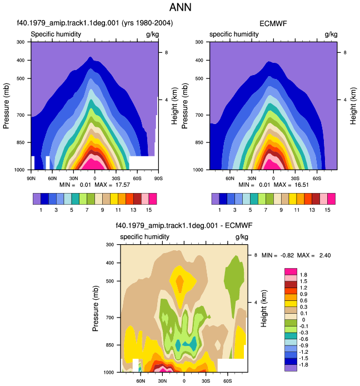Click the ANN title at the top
point(180,7)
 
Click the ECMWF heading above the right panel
point(273,23)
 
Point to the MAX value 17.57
point(122,185)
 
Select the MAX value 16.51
point(302,185)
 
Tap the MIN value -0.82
point(287,255)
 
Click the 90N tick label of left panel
point(31,178)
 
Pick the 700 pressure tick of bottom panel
point(110,318)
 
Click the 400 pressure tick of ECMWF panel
point(199,60)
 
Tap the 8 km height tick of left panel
point(166,52)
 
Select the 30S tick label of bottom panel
point(206,381)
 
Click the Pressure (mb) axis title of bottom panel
point(96,308)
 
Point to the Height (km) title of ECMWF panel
point(353,106)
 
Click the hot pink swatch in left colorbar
point(153,199)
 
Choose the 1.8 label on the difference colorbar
point(304,275)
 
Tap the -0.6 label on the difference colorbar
point(304,339)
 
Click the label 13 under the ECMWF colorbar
point(312,210)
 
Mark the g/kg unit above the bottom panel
point(242,237)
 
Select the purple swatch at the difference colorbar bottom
point(291,368)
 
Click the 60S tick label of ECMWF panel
point(317,178)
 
